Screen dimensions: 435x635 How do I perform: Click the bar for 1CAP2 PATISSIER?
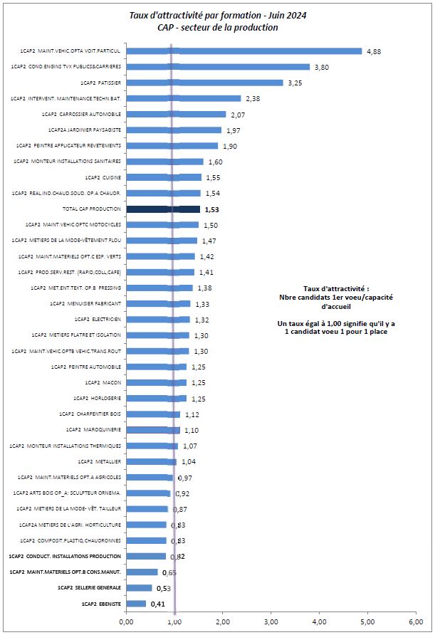point(204,83)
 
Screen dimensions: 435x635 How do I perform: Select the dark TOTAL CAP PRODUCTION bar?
point(163,209)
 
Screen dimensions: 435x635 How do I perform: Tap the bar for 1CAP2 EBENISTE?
point(136,604)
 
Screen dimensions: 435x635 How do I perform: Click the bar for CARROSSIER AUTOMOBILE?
point(176,114)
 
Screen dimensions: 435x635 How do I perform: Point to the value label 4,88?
point(374,51)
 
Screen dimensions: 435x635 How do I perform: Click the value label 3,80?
point(322,67)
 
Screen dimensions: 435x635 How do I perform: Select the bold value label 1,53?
point(212,210)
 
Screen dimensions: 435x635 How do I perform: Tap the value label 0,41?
point(158,604)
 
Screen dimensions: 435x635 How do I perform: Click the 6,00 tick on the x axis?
point(416,621)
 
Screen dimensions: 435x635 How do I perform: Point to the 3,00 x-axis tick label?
point(271,621)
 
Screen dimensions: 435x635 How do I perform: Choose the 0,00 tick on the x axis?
point(126,621)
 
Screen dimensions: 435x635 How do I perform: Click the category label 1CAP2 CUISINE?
point(103,177)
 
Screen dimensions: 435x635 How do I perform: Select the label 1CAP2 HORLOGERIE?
point(98,398)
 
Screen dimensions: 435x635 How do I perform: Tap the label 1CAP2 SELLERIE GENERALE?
point(89,587)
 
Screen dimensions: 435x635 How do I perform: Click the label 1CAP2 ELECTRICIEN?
point(98,319)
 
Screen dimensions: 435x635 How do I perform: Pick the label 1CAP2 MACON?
point(103,382)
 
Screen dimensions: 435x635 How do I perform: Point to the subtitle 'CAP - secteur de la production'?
point(218,28)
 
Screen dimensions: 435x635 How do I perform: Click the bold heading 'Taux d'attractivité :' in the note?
point(336,289)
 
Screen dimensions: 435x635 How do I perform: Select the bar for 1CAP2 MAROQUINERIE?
point(153,430)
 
